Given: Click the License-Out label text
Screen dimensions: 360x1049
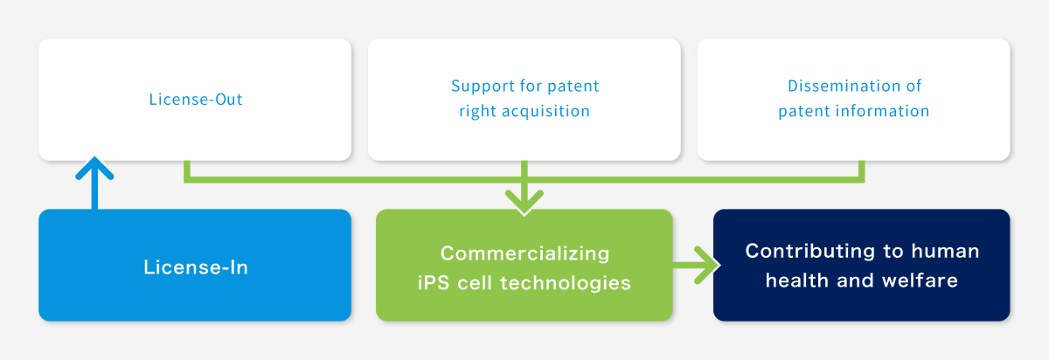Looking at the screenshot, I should coord(195,100).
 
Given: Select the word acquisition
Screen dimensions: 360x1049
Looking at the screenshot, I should coord(542,112).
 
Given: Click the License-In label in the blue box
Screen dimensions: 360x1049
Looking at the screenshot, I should coord(195,267).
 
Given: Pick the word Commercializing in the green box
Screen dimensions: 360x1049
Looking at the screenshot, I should coord(524,253).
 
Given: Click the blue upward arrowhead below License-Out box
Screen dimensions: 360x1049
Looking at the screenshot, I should coord(94,168).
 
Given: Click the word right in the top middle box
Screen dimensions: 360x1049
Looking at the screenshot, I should coord(477,112).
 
